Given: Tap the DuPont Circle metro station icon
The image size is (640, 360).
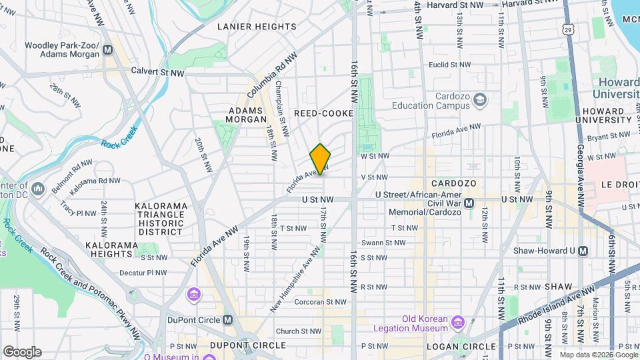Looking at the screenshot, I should click(x=228, y=320).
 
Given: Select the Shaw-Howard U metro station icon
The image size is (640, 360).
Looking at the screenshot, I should click(x=583, y=251).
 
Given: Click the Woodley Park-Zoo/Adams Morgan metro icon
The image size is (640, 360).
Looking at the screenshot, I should click(x=107, y=50).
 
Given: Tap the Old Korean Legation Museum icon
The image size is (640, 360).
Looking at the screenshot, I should click(x=457, y=323).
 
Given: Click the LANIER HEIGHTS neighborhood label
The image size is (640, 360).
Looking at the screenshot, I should click(x=257, y=27).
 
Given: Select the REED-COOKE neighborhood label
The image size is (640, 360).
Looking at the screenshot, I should click(x=323, y=113).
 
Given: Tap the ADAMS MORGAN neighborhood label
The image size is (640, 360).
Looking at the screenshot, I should click(x=247, y=115).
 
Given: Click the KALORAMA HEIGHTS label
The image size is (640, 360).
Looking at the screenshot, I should click(x=112, y=249).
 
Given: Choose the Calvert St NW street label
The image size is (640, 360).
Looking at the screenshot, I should click(x=157, y=71).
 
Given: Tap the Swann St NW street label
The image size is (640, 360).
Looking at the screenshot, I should click(x=383, y=243).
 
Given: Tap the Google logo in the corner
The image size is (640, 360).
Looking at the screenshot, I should click(x=22, y=351).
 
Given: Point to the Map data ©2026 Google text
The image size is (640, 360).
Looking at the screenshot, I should click(x=598, y=355).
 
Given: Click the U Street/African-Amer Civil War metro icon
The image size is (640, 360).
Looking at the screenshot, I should click(x=469, y=203).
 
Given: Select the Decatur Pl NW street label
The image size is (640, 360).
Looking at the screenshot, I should click(x=143, y=273).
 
